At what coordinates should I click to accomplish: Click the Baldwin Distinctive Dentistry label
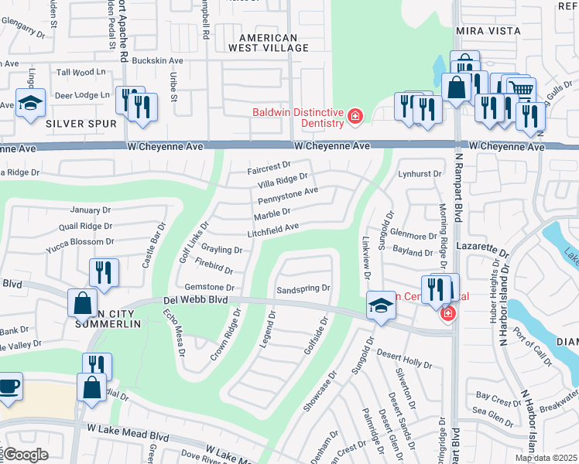click(297, 118)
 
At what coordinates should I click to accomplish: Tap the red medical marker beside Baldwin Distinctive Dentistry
click(355, 117)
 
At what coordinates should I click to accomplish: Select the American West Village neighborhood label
click(269, 43)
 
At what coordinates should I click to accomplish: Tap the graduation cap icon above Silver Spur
click(30, 104)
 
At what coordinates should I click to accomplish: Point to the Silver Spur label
click(81, 124)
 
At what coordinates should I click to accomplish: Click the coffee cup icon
click(9, 386)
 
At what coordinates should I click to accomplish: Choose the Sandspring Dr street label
click(303, 288)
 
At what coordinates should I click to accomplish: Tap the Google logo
click(26, 455)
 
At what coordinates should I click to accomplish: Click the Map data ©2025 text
click(546, 458)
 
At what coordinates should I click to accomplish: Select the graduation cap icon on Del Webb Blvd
click(382, 304)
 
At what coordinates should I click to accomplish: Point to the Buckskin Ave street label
click(158, 60)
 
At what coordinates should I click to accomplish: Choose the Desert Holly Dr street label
click(404, 357)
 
